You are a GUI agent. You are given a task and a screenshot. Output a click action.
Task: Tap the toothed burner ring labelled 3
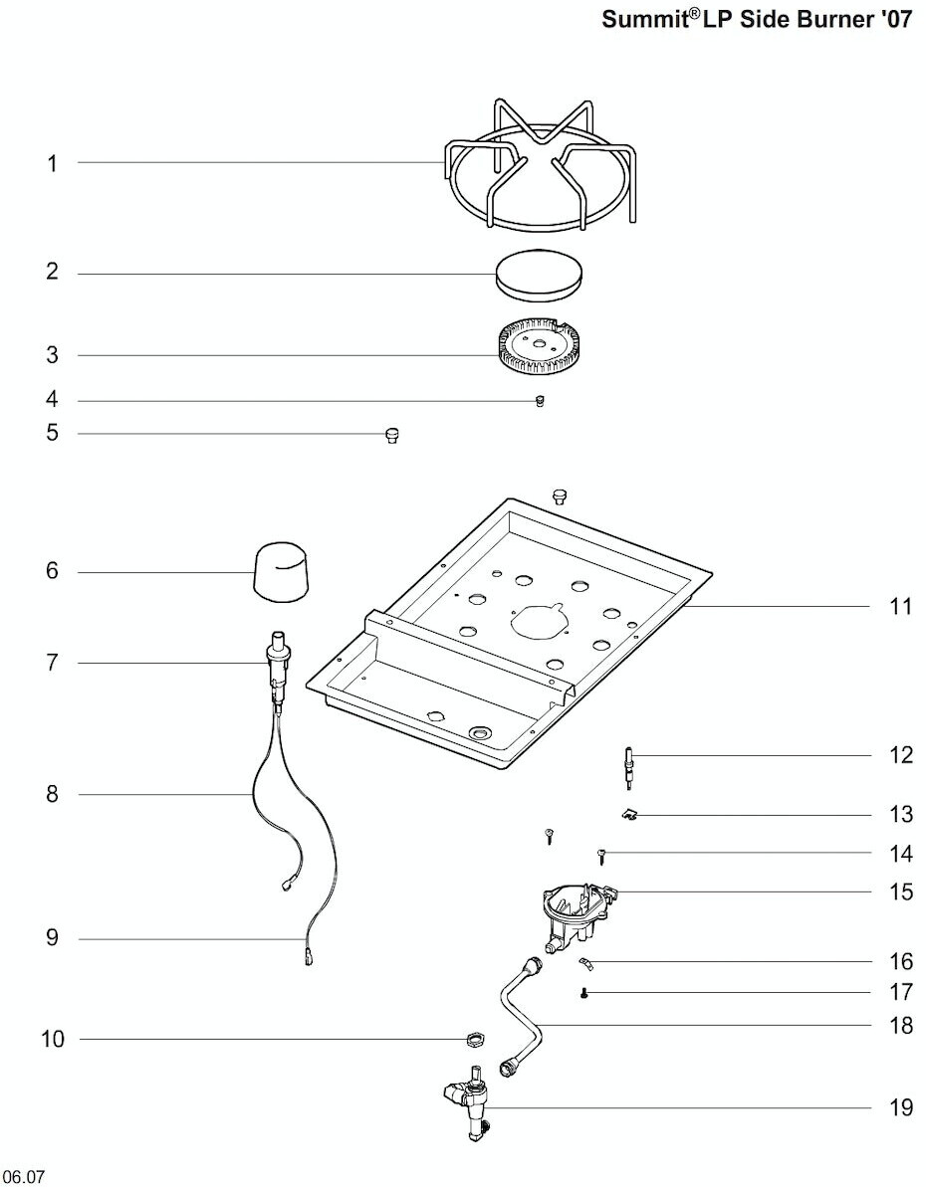coord(541,350)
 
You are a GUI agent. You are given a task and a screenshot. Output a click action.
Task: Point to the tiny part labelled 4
coord(540,400)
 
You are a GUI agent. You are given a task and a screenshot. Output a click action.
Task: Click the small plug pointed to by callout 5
coord(391,435)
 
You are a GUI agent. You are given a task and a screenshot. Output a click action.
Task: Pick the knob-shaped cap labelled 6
coord(281,571)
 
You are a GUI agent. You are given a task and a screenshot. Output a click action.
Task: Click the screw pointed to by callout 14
coord(602,855)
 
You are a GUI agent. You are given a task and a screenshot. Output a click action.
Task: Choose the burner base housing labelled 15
coord(577,919)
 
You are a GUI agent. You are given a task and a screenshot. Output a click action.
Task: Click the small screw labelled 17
coord(583,993)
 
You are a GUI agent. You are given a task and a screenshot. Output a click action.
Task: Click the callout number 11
coord(900,606)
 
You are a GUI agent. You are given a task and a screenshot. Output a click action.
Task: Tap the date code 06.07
coord(23,1177)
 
